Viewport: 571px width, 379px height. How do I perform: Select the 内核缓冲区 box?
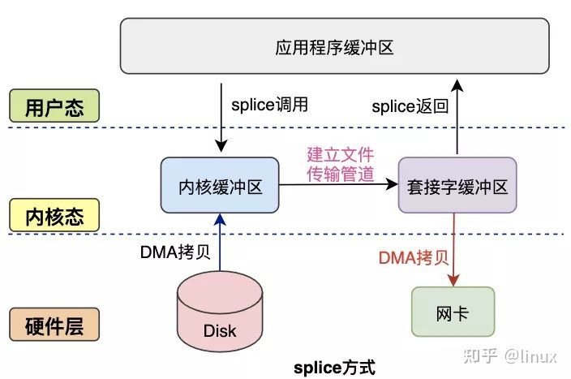click(221, 187)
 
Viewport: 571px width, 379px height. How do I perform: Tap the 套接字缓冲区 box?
click(457, 187)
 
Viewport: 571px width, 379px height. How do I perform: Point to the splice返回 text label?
click(410, 106)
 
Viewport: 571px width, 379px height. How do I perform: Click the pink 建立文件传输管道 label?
click(340, 163)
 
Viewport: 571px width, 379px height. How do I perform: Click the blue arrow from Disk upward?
click(220, 243)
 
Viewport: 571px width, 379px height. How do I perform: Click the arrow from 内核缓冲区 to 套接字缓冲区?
click(339, 185)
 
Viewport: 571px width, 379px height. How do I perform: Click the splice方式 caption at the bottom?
click(334, 367)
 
